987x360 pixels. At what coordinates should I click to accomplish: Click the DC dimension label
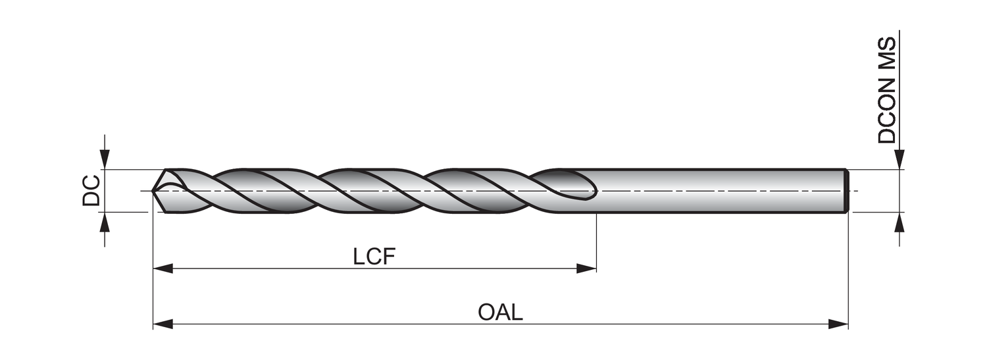[91, 191]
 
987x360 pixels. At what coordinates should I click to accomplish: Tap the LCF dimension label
[374, 257]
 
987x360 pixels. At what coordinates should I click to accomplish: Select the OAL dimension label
[500, 312]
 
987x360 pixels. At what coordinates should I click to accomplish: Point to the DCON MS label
[887, 90]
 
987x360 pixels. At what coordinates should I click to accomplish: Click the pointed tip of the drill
[154, 191]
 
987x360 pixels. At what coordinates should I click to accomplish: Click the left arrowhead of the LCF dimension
[163, 269]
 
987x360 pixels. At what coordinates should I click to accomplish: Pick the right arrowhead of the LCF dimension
[586, 269]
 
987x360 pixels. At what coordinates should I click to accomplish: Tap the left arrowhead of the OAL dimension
[163, 324]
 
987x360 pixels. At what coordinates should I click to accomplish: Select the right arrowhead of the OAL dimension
[838, 324]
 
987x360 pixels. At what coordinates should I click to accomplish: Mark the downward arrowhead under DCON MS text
[899, 160]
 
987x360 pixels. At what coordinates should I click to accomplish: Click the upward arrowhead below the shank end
[899, 222]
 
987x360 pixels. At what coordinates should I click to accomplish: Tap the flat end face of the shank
[847, 191]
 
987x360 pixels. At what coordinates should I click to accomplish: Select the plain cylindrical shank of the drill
[717, 191]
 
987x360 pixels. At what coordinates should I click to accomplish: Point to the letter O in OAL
[486, 312]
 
